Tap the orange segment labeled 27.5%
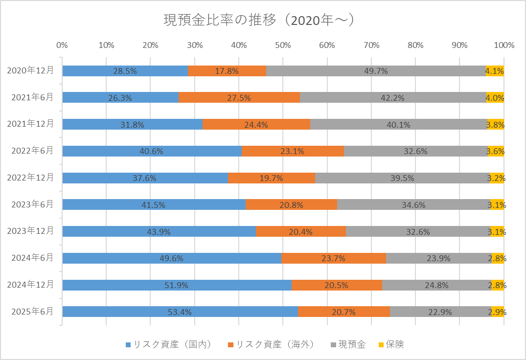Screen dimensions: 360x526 239,98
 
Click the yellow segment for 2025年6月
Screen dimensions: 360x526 498,312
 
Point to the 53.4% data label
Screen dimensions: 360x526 180,312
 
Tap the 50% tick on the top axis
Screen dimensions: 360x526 283,45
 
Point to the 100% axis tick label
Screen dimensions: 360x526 504,45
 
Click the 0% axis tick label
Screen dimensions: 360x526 62,45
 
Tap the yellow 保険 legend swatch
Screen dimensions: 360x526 379,345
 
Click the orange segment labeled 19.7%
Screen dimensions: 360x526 271,178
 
